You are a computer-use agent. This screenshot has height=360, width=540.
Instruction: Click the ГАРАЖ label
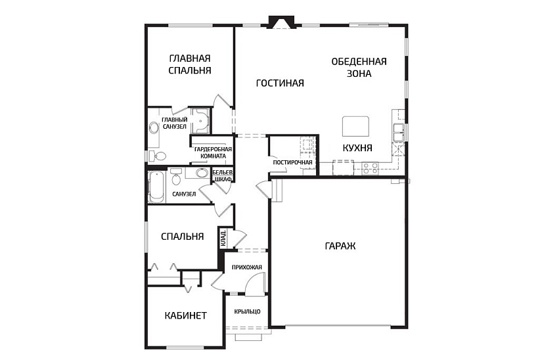pos(340,246)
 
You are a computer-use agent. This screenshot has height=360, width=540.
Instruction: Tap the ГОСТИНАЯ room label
pos(280,83)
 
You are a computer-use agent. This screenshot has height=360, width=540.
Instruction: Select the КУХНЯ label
pos(357,148)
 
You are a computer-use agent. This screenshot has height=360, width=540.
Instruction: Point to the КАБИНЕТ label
pos(186,315)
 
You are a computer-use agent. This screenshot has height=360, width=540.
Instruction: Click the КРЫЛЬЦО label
pos(247,311)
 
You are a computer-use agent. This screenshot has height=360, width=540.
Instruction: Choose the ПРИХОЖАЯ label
pos(247,267)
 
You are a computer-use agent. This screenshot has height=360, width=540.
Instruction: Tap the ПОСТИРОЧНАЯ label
pos(293,162)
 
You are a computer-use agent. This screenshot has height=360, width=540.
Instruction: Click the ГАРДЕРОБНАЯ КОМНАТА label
pos(214,152)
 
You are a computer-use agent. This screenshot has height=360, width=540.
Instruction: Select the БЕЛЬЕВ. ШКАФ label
pos(223,175)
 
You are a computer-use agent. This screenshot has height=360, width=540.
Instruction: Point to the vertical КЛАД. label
pos(223,238)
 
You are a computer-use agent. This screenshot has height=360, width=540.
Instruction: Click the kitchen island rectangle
pos(356,126)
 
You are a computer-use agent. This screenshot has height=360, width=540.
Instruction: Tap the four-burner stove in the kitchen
pos(370,168)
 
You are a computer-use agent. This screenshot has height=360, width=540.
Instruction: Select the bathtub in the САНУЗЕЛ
pos(156,187)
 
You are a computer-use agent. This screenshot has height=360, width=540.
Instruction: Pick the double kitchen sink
pos(399,132)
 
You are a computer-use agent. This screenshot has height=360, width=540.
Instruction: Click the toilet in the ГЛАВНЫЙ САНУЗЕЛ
pos(158,156)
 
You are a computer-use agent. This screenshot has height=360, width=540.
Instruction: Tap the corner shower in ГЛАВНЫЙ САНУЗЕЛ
pos(200,121)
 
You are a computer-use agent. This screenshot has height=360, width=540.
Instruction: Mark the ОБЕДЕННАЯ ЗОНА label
pos(359,68)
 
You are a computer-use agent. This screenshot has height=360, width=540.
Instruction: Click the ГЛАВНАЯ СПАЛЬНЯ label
pos(190,64)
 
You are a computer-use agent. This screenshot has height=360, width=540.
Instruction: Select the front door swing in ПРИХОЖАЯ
pos(256,282)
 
